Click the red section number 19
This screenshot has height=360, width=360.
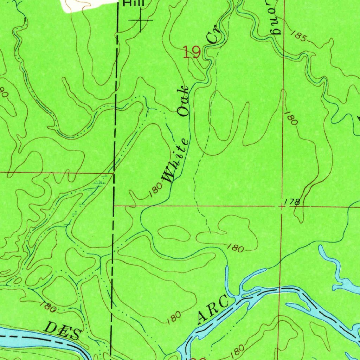[x=192, y=53]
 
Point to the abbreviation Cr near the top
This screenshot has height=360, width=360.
[x=213, y=36]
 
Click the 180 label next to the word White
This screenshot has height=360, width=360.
[x=155, y=190]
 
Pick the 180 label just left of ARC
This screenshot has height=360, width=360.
[x=174, y=317]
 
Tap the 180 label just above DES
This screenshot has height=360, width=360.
[x=47, y=307]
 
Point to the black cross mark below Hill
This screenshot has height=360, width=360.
[x=141, y=20]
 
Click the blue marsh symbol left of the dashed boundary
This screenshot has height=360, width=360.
[x=100, y=183]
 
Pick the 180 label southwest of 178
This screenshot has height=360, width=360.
[x=235, y=248]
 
